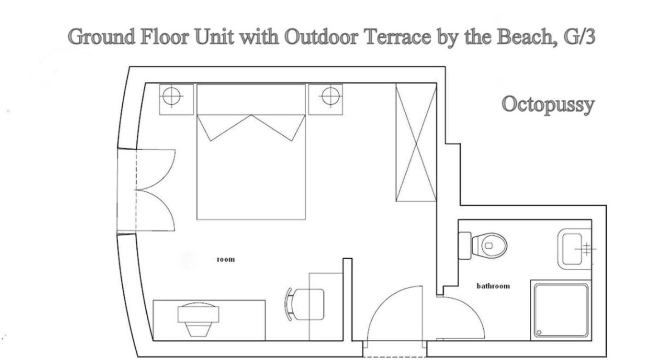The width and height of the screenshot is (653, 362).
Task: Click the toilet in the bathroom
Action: (483, 246)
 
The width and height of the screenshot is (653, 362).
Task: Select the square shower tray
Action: (561, 310)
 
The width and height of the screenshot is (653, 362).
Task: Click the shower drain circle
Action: (539, 332)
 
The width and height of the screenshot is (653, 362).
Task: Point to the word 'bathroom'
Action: (493, 286)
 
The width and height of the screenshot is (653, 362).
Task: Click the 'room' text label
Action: (226, 259)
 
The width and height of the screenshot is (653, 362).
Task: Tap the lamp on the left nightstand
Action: (172, 96)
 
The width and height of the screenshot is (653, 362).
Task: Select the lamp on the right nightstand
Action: (331, 96)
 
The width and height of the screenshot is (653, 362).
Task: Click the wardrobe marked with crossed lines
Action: (416, 143)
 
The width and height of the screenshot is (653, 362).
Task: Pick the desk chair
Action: (305, 305)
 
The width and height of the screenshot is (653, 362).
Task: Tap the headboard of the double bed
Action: (251, 99)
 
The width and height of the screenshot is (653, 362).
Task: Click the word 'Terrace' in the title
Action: (398, 37)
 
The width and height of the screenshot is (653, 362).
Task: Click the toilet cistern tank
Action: (465, 246)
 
